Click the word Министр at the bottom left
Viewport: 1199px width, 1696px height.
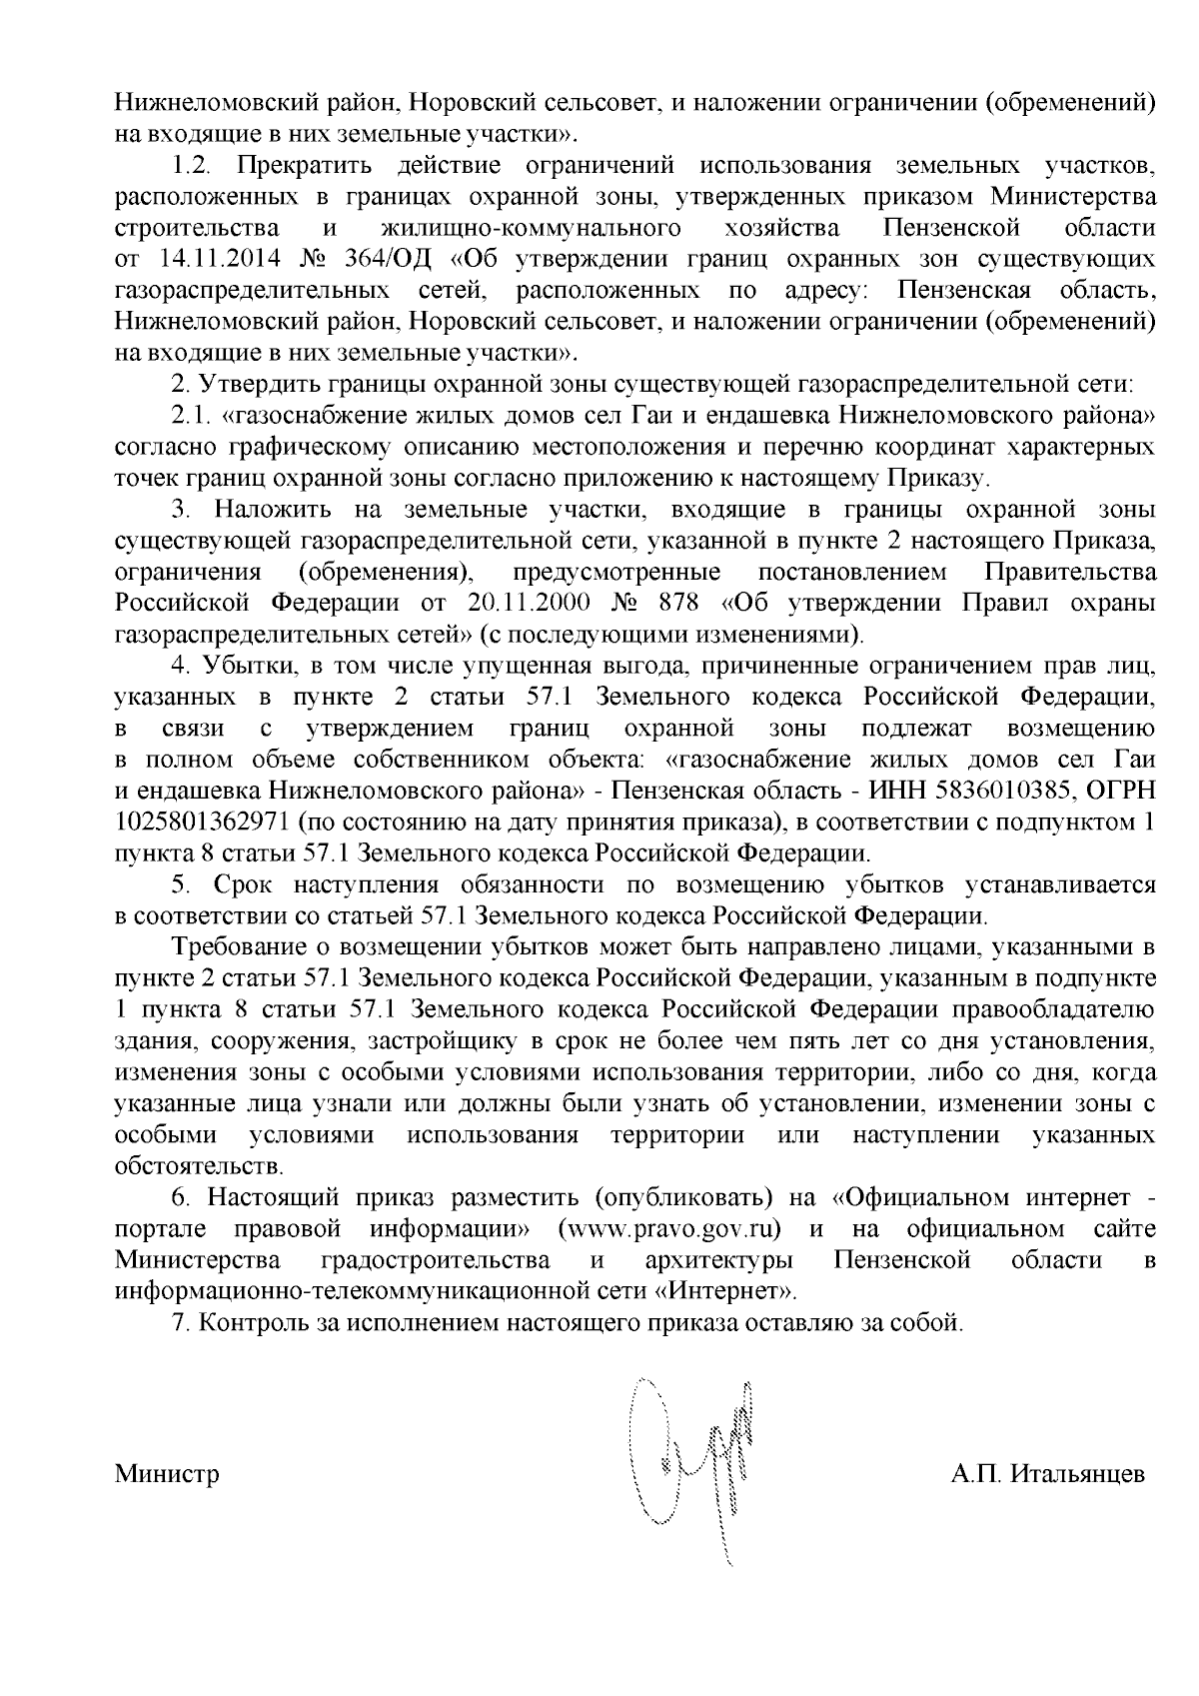tap(167, 1475)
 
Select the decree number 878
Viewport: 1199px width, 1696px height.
tap(681, 604)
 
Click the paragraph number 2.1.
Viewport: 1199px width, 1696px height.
tap(189, 415)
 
